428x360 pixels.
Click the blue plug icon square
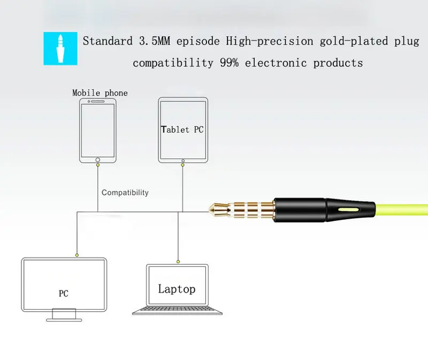point(60,49)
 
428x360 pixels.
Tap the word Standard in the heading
point(108,41)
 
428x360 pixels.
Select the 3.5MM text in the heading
point(155,41)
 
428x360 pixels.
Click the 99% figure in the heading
point(229,63)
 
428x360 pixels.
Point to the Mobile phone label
point(100,93)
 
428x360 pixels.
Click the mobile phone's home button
point(98,160)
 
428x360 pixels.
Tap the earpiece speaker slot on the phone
point(98,101)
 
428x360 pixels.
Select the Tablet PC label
point(182,129)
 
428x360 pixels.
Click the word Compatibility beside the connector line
point(125,193)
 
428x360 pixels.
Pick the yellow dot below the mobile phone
point(98,165)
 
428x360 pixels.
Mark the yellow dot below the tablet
point(182,165)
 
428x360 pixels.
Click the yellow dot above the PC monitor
point(77,255)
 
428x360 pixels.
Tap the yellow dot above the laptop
point(178,262)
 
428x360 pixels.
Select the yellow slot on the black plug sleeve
point(349,210)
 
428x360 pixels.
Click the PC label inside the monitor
point(63,294)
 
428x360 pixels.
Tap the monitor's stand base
point(64,320)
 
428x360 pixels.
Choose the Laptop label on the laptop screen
point(177,289)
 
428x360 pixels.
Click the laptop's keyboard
point(177,309)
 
